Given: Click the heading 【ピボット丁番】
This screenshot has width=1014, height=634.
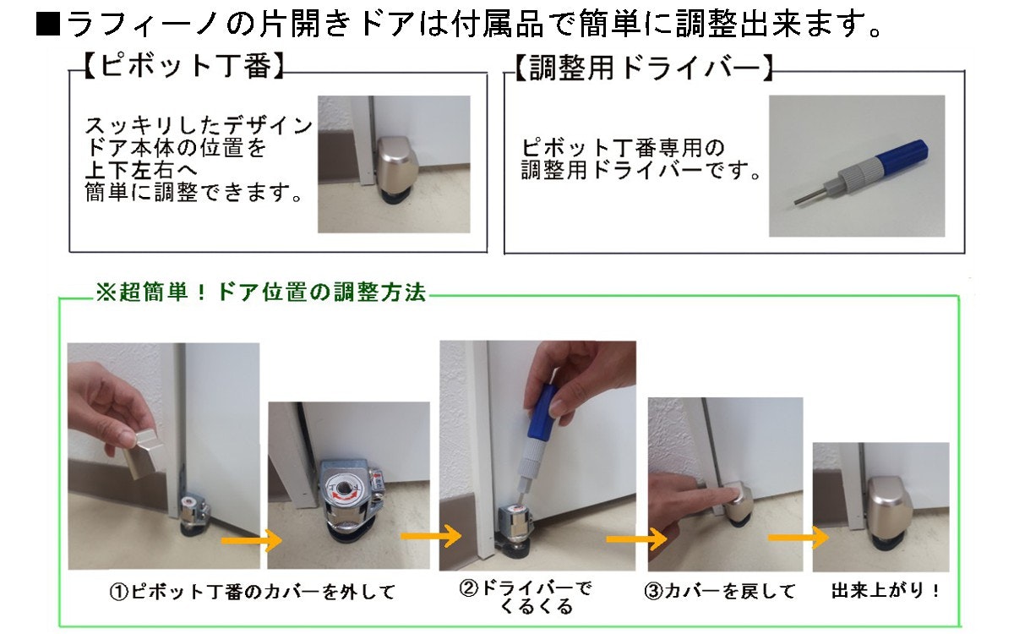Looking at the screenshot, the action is click(x=184, y=67).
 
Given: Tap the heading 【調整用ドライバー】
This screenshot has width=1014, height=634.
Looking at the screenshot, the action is click(x=643, y=68).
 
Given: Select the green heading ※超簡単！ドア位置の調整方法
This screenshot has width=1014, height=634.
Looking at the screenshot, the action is click(x=261, y=292).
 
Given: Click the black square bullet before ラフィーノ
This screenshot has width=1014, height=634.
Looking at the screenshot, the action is click(x=48, y=25).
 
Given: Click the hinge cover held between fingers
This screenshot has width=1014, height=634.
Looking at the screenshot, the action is click(x=143, y=454).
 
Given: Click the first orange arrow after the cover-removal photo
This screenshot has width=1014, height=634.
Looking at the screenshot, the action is click(x=252, y=540).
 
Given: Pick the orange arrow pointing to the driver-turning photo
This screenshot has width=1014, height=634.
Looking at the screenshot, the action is click(x=431, y=536).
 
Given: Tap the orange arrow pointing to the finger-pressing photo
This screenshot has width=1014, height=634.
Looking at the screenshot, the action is click(x=636, y=538).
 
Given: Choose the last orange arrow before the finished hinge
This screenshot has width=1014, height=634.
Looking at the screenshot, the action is click(x=799, y=538).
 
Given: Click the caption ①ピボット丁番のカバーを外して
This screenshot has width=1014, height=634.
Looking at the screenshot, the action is click(x=253, y=592).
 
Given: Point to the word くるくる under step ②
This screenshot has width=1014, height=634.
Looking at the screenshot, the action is click(x=537, y=607).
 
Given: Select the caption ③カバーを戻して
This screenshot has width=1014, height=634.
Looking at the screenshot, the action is click(x=720, y=591).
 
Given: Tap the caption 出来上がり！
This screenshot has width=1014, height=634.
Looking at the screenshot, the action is click(x=885, y=590).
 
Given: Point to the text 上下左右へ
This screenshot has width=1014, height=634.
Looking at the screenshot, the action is click(x=141, y=170).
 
